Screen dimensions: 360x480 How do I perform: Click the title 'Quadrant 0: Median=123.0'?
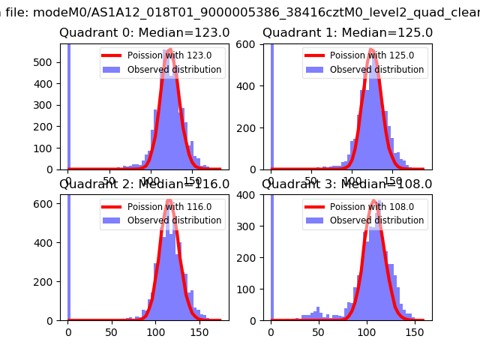[x=145, y=33]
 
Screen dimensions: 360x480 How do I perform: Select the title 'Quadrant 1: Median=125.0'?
[x=347, y=33]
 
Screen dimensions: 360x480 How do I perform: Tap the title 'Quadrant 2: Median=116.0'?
[x=145, y=184]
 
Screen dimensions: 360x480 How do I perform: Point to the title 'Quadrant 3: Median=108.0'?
[x=347, y=184]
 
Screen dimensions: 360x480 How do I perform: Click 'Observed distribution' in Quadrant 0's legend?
[x=174, y=70]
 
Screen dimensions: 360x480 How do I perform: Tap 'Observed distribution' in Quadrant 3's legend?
[x=376, y=220]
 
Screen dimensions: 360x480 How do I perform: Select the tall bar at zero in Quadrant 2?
[x=68, y=255]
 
